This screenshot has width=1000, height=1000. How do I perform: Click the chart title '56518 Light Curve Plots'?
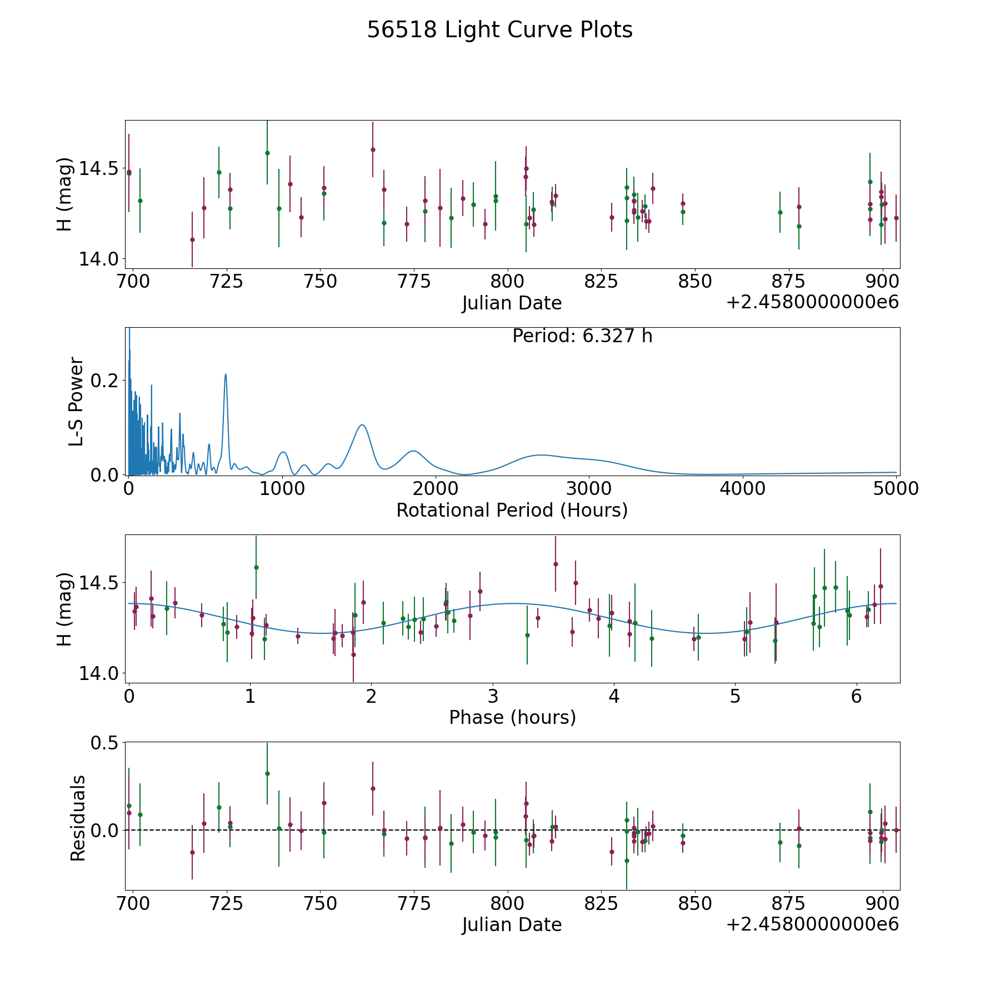(499, 30)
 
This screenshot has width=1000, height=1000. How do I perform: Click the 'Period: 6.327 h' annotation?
(582, 336)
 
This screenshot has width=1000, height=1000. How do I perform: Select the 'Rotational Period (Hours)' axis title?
(512, 510)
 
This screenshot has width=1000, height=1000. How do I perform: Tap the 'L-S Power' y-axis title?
(76, 401)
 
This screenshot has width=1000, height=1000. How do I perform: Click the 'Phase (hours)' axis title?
(512, 717)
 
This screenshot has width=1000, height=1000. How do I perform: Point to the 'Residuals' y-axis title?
(78, 818)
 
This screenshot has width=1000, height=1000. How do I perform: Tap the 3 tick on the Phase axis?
(493, 696)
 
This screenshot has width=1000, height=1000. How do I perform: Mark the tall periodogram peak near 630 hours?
(226, 374)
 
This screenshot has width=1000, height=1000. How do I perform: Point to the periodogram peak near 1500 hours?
(362, 425)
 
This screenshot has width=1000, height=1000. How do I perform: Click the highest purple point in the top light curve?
(373, 149)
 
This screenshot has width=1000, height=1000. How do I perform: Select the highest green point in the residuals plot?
(267, 773)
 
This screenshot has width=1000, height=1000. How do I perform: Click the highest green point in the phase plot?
(256, 567)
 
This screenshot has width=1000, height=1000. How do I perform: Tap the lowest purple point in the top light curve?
(192, 239)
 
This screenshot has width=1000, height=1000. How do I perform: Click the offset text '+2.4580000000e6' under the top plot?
(812, 302)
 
